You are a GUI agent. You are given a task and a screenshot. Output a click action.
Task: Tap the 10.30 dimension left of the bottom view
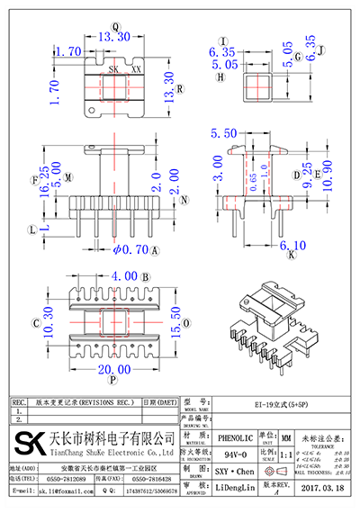[x=36, y=319]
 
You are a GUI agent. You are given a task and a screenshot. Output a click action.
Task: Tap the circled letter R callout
[x=180, y=89]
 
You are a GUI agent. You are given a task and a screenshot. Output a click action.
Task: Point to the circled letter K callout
[x=291, y=257]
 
